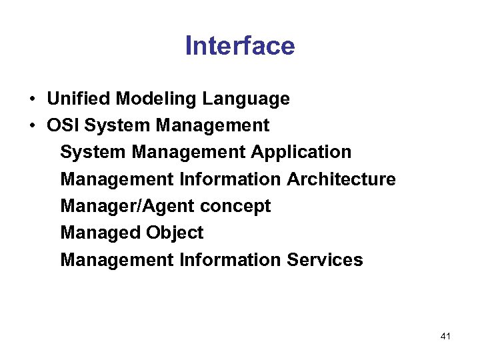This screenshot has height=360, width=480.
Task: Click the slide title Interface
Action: coord(239,46)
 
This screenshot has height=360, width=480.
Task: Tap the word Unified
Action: coord(79,99)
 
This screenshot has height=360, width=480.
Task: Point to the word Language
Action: coord(246,99)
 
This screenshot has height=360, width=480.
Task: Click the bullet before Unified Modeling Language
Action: coord(32,99)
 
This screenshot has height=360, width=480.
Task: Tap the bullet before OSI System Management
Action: coord(32,126)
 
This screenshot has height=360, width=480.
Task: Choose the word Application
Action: coord(301,152)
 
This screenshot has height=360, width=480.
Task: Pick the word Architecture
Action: coord(341,179)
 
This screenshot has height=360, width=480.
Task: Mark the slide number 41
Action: coord(445,337)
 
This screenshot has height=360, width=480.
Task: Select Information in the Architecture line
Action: coord(231,179)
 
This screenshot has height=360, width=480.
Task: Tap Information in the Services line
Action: coord(231,259)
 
